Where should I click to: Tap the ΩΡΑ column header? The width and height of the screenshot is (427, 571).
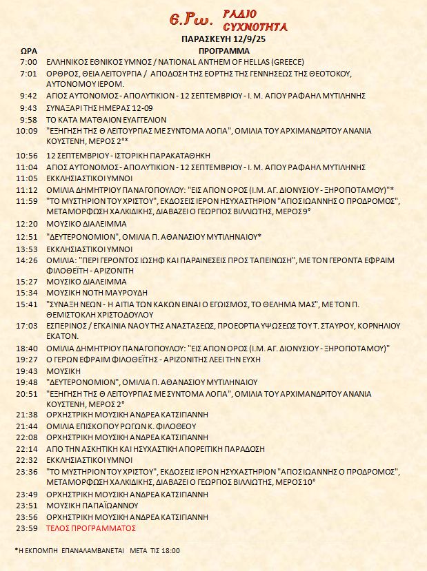coord(28,52)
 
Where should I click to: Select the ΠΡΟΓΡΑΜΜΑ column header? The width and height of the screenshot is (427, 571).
coord(219,52)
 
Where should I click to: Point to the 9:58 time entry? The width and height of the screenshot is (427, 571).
coord(28,118)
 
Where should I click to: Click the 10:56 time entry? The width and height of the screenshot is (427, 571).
coord(28,155)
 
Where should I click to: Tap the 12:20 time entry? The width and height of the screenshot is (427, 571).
coord(28,224)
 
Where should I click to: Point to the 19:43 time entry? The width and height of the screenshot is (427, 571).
coord(28,371)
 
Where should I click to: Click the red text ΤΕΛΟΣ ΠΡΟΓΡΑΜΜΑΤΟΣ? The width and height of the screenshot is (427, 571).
coord(91,528)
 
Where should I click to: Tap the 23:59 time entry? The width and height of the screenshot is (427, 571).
coord(28,528)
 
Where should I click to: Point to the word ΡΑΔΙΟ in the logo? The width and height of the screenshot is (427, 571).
coord(240,14)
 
